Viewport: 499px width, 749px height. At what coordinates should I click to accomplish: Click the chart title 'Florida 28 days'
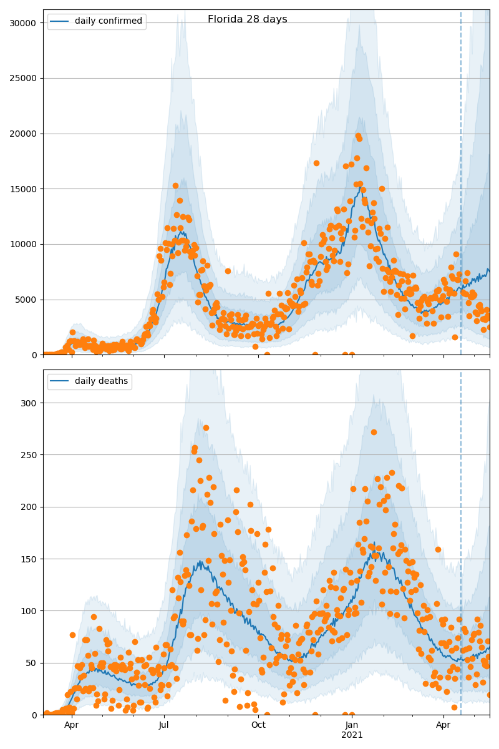247,19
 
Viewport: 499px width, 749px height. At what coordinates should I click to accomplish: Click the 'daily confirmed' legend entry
109,21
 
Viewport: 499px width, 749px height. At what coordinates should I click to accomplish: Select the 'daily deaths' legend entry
101,381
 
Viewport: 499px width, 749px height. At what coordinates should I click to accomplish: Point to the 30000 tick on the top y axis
22,23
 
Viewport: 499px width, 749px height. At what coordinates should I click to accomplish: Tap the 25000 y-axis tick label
22,79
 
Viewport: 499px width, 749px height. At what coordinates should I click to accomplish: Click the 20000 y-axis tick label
22,134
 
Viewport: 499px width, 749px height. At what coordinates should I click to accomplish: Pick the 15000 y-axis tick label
22,189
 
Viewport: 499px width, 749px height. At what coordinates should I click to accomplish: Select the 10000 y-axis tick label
22,245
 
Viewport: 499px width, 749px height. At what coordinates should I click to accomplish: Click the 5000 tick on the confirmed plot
24,300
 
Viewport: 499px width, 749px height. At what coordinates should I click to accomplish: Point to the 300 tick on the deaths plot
29,403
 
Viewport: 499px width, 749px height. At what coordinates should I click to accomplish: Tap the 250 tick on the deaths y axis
29,454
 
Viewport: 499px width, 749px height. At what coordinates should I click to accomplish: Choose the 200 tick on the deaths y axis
29,507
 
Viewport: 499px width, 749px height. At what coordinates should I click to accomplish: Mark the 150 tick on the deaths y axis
29,559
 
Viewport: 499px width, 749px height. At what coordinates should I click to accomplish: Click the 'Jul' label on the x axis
164,725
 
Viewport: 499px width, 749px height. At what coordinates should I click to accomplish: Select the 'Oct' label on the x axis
258,725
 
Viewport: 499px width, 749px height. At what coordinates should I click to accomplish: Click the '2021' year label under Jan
352,735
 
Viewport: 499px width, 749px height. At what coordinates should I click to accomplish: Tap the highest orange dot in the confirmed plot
358,135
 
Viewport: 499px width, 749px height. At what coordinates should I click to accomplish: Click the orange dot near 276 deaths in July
206,428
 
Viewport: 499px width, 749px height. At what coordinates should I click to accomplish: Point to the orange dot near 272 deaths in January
374,432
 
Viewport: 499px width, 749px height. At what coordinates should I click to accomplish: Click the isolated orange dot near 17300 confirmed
316,163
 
